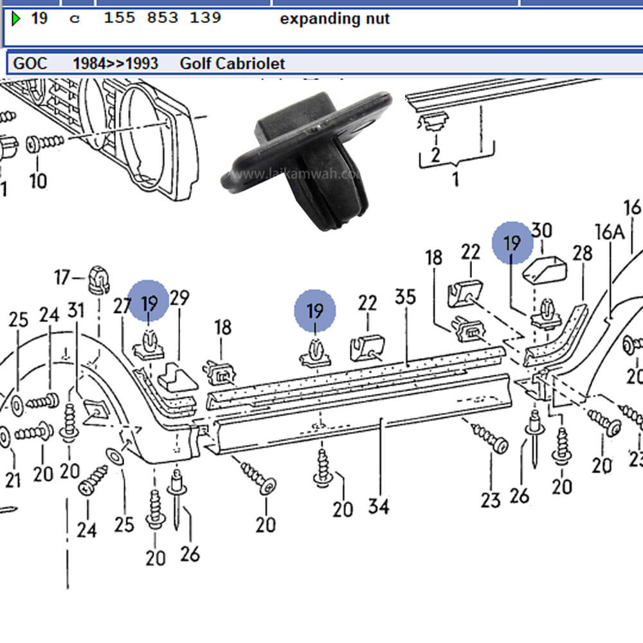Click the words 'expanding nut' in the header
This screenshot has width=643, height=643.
(x=334, y=19)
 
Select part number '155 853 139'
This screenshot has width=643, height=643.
(x=162, y=18)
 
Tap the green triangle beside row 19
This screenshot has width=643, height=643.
(x=16, y=19)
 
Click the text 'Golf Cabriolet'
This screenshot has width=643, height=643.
(x=232, y=63)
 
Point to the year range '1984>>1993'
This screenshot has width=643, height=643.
(x=116, y=63)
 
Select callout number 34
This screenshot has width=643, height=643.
(x=379, y=506)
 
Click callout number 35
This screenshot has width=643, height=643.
(x=405, y=297)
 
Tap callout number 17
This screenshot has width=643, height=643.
(x=62, y=278)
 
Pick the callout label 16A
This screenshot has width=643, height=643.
(x=610, y=232)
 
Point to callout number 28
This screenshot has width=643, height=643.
(x=582, y=253)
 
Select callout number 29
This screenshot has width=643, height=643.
(x=180, y=298)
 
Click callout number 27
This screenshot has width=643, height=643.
(x=122, y=306)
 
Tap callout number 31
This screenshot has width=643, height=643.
(x=76, y=311)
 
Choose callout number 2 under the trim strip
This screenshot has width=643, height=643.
(x=435, y=154)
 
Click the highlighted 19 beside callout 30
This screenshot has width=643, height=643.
(x=512, y=243)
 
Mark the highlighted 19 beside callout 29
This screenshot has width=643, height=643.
(x=149, y=300)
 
